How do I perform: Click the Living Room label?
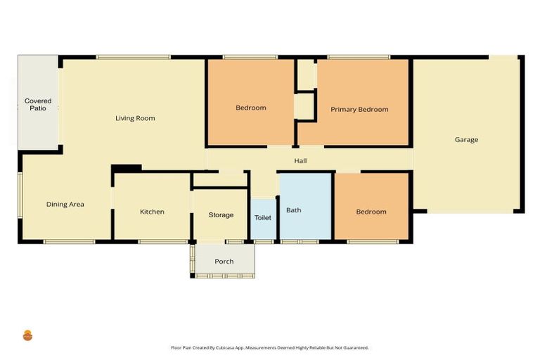tap(135, 118)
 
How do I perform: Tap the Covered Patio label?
tap(38, 105)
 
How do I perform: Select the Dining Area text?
tap(65, 205)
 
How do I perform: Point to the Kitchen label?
tap(152, 212)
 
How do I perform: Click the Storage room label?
tap(221, 214)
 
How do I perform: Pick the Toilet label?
tap(263, 218)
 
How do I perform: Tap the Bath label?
tap(293, 210)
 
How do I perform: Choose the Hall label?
tap(300, 161)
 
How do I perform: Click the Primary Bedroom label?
tap(359, 109)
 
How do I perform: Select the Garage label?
tap(466, 139)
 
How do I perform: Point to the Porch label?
tap(224, 262)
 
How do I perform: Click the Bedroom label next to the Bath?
tap(371, 212)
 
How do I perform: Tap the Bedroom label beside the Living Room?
tap(251, 108)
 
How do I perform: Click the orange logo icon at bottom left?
tap(28, 335)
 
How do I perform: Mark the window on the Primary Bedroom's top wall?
tap(359, 57)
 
